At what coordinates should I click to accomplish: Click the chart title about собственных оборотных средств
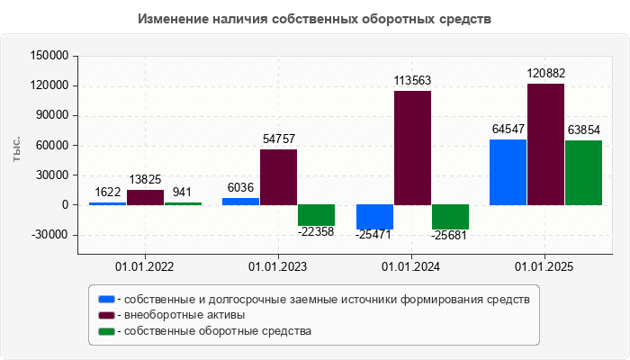(315, 19)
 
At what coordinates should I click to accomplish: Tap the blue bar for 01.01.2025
(508, 172)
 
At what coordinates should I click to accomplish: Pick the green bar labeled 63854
(583, 173)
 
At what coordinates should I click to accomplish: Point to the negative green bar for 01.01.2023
(316, 215)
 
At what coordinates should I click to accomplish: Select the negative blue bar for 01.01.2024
(374, 217)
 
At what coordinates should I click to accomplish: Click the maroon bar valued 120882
(545, 144)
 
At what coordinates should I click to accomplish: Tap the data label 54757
(279, 139)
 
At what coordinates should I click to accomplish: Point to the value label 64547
(508, 129)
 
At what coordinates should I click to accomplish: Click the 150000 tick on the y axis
(49, 56)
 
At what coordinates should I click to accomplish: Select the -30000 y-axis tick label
(49, 235)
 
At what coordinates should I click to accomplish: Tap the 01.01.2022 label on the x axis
(145, 267)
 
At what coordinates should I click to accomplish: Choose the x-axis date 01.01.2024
(411, 267)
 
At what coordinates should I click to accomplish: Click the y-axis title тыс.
(18, 150)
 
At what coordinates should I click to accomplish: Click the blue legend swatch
(107, 299)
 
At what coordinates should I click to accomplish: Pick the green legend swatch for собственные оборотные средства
(107, 331)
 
